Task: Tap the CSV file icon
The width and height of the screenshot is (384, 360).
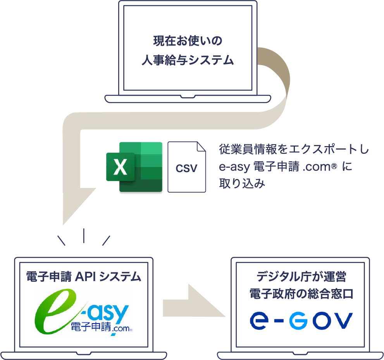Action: coord(187,167)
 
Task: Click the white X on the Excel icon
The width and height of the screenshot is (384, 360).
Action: coord(120,167)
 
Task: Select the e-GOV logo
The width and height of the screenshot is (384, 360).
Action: coord(301,320)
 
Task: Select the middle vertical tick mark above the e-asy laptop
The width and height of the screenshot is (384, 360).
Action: coord(84,235)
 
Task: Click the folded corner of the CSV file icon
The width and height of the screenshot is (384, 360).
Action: coord(201,147)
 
